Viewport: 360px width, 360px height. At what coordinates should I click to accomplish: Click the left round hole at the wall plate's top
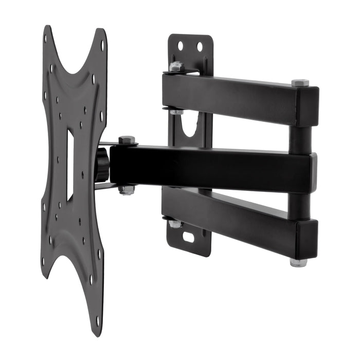(x=181, y=46)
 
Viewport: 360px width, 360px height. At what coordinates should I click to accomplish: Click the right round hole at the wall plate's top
(x=200, y=47)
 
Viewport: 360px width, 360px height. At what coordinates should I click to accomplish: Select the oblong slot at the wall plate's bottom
(x=189, y=238)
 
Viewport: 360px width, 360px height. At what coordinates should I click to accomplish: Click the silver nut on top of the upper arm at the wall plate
(x=176, y=66)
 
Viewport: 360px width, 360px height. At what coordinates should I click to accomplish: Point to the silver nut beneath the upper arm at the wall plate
(x=176, y=110)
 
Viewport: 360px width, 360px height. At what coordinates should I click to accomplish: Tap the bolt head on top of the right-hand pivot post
(x=300, y=82)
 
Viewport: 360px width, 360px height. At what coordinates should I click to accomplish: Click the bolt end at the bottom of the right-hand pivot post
(x=298, y=262)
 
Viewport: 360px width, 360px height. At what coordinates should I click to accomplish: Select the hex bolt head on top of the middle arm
(x=127, y=140)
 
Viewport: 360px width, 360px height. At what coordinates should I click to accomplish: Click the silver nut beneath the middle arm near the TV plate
(x=127, y=190)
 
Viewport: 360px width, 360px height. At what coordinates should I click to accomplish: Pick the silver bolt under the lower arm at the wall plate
(x=175, y=224)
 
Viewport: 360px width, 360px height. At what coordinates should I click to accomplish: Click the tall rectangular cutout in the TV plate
(x=70, y=165)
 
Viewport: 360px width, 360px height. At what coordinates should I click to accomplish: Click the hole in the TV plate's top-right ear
(x=102, y=45)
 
